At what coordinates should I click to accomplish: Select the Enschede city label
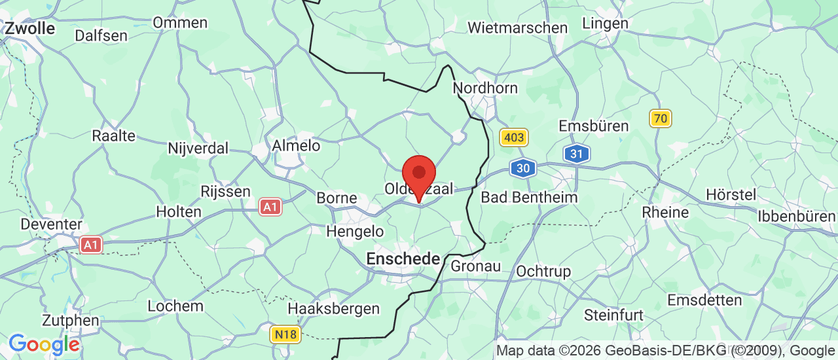(403, 259)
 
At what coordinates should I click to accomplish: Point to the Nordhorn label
(485, 88)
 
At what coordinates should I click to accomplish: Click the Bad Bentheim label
(529, 197)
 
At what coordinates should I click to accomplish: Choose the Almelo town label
(296, 145)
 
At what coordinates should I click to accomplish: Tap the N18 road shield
(285, 334)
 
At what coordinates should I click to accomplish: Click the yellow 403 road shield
(513, 137)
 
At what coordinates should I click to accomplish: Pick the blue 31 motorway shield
(576, 154)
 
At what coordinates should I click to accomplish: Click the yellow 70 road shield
(661, 118)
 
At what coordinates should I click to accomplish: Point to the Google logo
(44, 344)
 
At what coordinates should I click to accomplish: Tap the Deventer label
(51, 224)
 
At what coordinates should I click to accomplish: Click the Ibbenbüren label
(797, 216)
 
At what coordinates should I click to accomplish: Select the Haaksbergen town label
(334, 308)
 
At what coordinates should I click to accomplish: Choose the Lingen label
(605, 23)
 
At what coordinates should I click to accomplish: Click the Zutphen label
(71, 321)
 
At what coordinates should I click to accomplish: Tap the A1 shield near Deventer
(91, 245)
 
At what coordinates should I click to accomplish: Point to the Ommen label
(180, 22)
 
